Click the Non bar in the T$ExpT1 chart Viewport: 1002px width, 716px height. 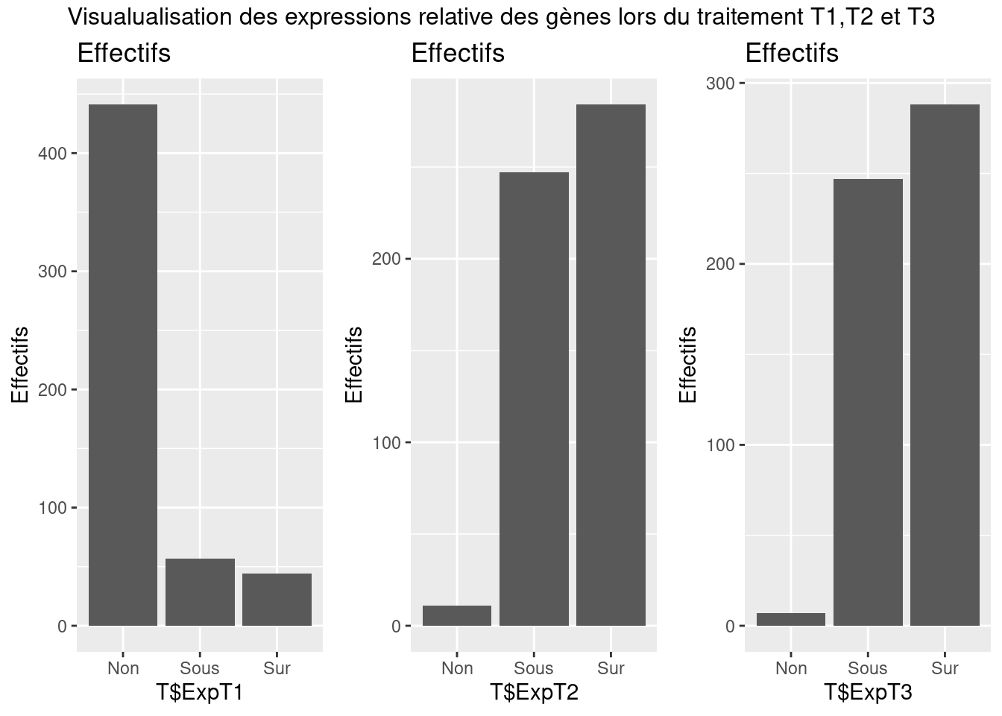click(123, 365)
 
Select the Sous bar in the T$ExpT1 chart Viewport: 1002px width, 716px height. click(200, 592)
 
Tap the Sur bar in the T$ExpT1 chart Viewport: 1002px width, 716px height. click(277, 600)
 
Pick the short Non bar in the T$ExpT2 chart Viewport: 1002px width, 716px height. click(457, 616)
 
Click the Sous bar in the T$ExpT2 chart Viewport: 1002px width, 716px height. click(534, 399)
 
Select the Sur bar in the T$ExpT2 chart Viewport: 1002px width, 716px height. click(611, 365)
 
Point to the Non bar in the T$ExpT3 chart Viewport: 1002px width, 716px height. click(791, 620)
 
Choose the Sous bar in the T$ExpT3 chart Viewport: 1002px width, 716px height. click(868, 403)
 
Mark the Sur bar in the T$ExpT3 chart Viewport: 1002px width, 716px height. click(945, 365)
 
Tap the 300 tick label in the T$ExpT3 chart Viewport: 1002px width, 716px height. click(720, 84)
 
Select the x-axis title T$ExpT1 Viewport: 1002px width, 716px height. click(200, 693)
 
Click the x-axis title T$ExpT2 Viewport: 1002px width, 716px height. click(534, 693)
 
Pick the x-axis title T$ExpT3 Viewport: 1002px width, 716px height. click(868, 693)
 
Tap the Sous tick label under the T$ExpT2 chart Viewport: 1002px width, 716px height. click(534, 668)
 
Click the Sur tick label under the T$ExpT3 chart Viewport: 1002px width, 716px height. click(945, 668)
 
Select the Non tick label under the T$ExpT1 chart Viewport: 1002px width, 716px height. click(123, 668)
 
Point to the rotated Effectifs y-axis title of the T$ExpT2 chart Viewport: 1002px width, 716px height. click(354, 365)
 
